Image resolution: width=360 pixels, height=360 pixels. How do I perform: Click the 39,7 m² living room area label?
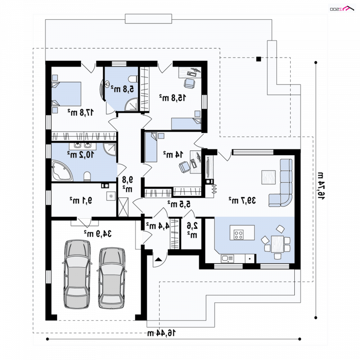pyautogui.click(x=242, y=200)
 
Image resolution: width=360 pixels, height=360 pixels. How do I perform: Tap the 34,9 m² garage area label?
pyautogui.click(x=98, y=234)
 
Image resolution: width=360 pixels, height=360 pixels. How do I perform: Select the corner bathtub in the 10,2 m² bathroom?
pyautogui.click(x=63, y=171)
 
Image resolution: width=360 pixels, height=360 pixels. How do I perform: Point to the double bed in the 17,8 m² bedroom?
pyautogui.click(x=66, y=94)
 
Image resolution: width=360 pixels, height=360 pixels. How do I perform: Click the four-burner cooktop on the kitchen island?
pyautogui.click(x=238, y=234)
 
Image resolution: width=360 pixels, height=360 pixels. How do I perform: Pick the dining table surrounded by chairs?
pyautogui.click(x=277, y=244)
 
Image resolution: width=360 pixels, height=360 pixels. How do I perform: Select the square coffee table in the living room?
pyautogui.click(x=268, y=177)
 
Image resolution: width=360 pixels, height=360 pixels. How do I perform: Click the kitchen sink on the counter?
pyautogui.click(x=227, y=259)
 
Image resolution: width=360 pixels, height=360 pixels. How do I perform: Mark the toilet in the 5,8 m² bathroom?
pyautogui.click(x=133, y=79)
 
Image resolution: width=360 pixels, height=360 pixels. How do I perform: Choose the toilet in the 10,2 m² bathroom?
pyautogui.click(x=87, y=176)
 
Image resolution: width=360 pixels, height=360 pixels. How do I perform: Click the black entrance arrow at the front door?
pyautogui.click(x=158, y=260)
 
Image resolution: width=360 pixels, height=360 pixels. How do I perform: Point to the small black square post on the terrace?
pyautogui.click(x=258, y=59)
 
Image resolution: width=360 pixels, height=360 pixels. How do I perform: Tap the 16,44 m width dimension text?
pyautogui.click(x=162, y=333)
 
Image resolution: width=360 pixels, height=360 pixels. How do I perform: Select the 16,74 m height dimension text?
pyautogui.click(x=321, y=185)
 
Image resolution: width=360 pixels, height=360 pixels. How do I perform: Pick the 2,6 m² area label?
pyautogui.click(x=193, y=230)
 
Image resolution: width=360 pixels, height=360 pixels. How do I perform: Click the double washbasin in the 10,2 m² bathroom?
pyautogui.click(x=82, y=145)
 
